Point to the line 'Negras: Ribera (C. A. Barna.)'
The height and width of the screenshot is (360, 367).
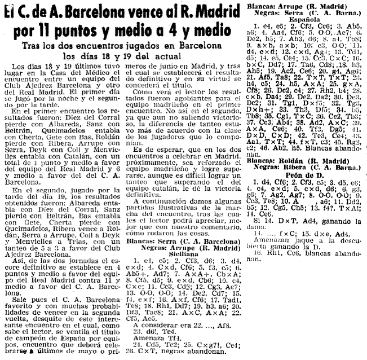click(312, 168)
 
